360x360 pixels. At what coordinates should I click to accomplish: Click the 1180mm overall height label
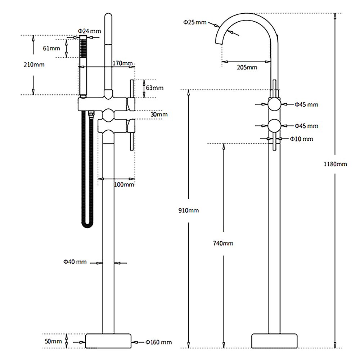[x=335, y=164]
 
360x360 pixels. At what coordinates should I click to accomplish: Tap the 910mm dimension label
[x=189, y=210]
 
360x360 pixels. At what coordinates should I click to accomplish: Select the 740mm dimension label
[x=223, y=243]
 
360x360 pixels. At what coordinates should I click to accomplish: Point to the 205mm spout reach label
[x=247, y=68]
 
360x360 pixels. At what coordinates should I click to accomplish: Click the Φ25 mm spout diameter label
[x=195, y=22]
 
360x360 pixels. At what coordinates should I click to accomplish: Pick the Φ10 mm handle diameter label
[x=301, y=139]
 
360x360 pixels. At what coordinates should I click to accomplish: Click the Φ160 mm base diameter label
[x=159, y=342]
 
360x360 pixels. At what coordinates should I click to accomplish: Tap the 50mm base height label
[x=53, y=341]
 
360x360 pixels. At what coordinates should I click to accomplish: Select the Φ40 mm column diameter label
[x=75, y=262]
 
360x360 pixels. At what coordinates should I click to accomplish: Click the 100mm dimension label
[x=124, y=185]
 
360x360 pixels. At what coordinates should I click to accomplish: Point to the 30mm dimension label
[x=159, y=114]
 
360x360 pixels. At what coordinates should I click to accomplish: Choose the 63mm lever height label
[x=155, y=88]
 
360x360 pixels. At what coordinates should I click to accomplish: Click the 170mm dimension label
[x=123, y=63]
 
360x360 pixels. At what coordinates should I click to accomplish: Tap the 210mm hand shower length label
[x=34, y=64]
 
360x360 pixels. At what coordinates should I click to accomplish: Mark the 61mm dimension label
[x=51, y=48]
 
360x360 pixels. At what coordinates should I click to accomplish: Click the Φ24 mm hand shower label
[x=90, y=31]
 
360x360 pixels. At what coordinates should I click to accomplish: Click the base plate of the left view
[x=108, y=341]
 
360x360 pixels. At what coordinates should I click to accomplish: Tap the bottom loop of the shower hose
[x=87, y=226]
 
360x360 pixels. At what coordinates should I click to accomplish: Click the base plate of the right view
[x=274, y=341]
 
